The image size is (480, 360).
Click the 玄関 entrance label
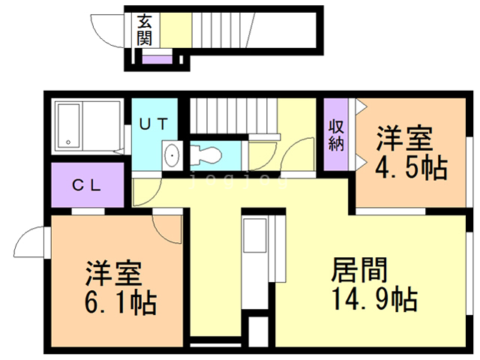click(145, 29)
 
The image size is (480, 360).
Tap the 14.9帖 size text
click(373, 299)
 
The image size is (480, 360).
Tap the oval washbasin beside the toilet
click(172, 156)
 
